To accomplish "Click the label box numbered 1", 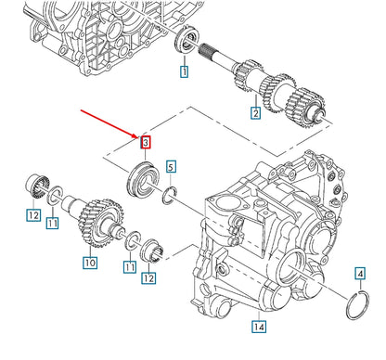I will [x=185, y=71].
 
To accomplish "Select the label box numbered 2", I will [x=253, y=113].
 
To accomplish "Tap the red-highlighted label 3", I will [x=145, y=142].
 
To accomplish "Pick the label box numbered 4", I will [x=359, y=273].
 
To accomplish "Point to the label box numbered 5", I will [x=171, y=167].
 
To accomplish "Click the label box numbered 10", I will [x=89, y=263].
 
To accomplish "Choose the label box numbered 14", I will [x=258, y=326].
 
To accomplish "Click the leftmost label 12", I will [x=33, y=216].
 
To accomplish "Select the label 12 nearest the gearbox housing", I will [x=148, y=276].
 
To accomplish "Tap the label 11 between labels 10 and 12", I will [x=129, y=266].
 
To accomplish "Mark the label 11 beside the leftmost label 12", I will [x=53, y=224].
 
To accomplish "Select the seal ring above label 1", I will [x=187, y=40].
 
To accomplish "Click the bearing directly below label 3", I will [x=145, y=175].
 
